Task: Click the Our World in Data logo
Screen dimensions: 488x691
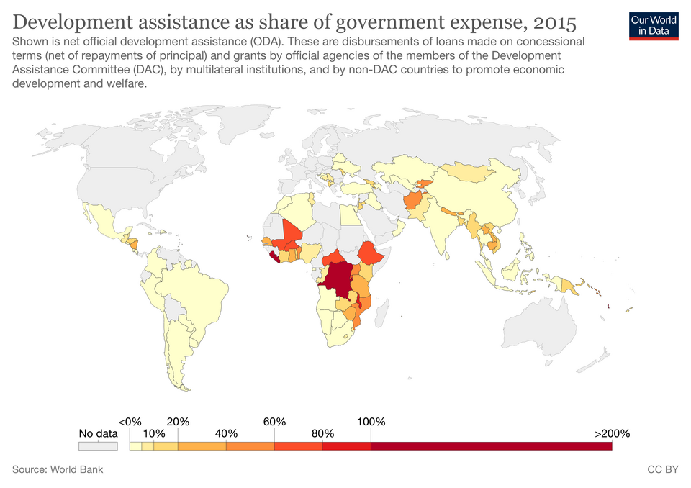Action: point(654,24)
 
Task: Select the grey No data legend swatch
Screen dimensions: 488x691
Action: point(98,446)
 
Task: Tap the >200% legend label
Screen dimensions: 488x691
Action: point(612,433)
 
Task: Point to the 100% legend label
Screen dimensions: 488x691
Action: point(371,421)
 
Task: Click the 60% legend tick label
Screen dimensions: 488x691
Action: point(274,421)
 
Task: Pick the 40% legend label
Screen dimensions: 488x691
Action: point(226,433)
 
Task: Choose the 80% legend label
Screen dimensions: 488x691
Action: point(322,433)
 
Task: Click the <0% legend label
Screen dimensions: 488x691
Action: point(130,421)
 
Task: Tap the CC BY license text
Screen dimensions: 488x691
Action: point(663,469)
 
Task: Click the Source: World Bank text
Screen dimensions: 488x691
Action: point(58,469)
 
